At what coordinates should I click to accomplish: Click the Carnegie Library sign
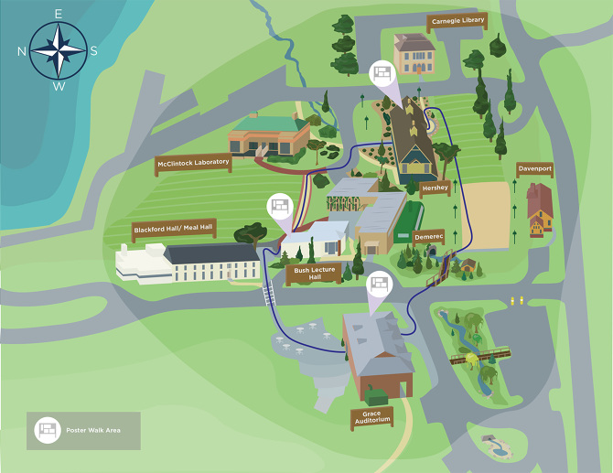point(457,21)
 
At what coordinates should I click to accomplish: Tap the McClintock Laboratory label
point(193,164)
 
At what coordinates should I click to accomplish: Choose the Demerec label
point(427,235)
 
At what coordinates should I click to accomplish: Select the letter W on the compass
point(59,87)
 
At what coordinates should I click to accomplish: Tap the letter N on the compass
point(22,50)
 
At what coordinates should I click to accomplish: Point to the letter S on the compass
point(94,50)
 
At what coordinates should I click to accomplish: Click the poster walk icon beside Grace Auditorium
point(379,286)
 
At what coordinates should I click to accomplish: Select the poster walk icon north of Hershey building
point(382,73)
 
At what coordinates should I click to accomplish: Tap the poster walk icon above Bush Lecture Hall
point(279,206)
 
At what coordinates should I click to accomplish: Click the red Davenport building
point(540,209)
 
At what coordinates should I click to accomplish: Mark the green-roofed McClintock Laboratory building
point(270,134)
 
